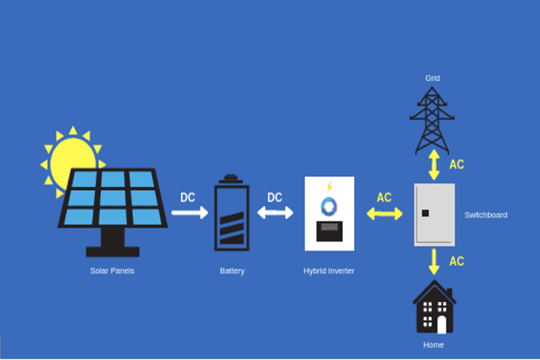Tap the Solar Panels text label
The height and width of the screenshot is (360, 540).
click(x=112, y=271)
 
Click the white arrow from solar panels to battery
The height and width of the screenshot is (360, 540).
click(x=189, y=212)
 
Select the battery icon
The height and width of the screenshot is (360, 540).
click(x=232, y=214)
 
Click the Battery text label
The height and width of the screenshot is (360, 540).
click(x=232, y=271)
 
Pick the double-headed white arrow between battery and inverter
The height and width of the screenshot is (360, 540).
click(x=275, y=212)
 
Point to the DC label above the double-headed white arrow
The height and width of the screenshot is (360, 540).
click(x=275, y=197)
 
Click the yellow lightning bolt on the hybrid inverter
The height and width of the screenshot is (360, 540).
click(x=329, y=187)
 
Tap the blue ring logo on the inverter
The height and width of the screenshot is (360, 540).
click(x=329, y=206)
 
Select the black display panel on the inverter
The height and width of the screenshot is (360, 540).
click(x=329, y=231)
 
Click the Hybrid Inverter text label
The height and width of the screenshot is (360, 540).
click(x=329, y=271)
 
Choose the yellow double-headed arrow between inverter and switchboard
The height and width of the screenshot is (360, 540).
click(x=385, y=214)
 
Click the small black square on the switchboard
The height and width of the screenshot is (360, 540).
click(x=425, y=213)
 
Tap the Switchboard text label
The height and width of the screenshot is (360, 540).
click(x=485, y=215)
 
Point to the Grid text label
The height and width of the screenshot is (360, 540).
click(x=433, y=78)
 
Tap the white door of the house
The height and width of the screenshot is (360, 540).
click(x=442, y=325)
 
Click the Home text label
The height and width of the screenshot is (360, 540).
click(x=433, y=345)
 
